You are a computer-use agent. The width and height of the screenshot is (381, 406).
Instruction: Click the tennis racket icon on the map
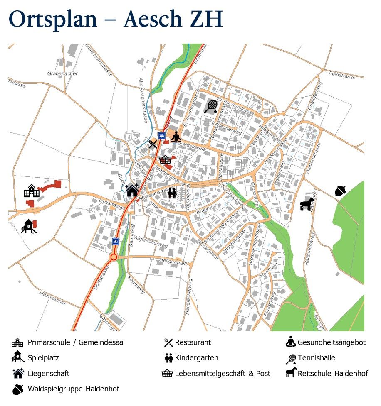click(211, 106)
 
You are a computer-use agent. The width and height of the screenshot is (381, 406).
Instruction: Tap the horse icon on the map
click(307, 204)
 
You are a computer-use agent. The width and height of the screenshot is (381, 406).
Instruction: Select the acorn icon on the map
click(340, 191)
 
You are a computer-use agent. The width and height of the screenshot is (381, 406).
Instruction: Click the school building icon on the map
click(31, 191)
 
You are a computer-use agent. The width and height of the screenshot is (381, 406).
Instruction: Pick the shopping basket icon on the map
click(165, 159)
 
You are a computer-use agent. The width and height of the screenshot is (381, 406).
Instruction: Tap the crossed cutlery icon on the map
click(153, 144)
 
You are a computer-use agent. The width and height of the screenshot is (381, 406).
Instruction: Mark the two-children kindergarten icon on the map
click(172, 193)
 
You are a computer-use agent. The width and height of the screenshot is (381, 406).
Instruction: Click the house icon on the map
click(132, 190)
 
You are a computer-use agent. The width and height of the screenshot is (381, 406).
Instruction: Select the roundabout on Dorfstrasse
click(113, 257)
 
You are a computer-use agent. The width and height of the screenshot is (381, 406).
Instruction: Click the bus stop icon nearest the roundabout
click(115, 241)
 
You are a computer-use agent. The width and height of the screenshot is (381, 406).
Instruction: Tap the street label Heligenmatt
click(174, 262)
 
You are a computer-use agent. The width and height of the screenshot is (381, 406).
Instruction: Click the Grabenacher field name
click(57, 73)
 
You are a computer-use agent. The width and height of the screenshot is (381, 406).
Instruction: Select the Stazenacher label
click(52, 298)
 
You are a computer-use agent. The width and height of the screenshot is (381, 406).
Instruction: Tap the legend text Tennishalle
click(316, 358)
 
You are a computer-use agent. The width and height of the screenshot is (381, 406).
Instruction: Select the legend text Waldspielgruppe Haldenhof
click(73, 389)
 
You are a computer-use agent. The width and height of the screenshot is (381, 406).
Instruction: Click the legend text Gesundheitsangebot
click(332, 342)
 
